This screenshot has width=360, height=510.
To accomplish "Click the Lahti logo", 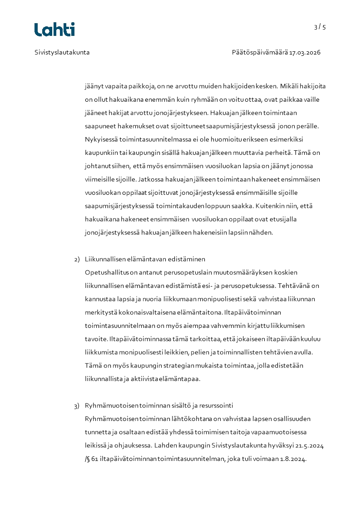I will click(x=54, y=30).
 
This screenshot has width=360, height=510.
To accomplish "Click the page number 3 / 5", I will click(x=320, y=27).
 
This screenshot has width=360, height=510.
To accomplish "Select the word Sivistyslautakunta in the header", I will click(x=62, y=52).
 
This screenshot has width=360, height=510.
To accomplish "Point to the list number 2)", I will click(x=77, y=259).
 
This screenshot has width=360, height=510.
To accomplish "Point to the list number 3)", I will click(x=77, y=406).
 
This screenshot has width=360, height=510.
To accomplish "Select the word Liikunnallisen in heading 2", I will click(x=107, y=259).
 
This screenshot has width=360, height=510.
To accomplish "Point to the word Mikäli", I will click(x=288, y=86).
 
